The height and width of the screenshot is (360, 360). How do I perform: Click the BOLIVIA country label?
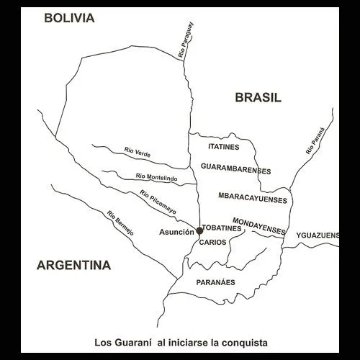[x=69, y=19]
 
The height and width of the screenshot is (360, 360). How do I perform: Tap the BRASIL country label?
[x=258, y=98]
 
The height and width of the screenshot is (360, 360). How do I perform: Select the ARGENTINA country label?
[x=73, y=266]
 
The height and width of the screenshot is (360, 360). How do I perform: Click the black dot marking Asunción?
[x=199, y=231]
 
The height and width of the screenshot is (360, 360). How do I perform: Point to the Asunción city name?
[x=176, y=232]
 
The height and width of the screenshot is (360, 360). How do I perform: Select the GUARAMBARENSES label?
[x=236, y=170]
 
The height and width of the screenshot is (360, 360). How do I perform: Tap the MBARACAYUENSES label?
[x=252, y=197]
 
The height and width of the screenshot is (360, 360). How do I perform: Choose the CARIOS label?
[x=214, y=243]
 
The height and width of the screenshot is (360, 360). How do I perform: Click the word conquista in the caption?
[x=242, y=341]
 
